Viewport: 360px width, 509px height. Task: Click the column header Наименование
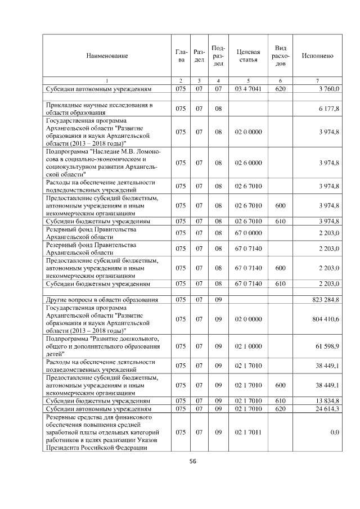pos(107,56)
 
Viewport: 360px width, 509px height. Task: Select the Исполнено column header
pos(317,56)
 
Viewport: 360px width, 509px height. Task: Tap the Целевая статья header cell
pos(248,56)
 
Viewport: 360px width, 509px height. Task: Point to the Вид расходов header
pos(280,56)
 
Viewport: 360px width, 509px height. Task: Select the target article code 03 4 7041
pos(248,89)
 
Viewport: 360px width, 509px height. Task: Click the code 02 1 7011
pos(248,432)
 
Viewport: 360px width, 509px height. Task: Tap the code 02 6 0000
pos(248,163)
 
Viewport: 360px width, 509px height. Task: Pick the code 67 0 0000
pos(248,232)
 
